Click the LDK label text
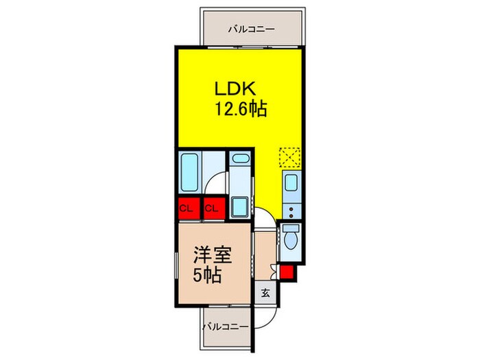[235, 89]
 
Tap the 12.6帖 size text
[241, 108]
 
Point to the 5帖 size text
[207, 274]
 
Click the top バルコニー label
[252, 29]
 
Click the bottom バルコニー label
[226, 327]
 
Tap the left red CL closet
[189, 208]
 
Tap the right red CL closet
[215, 208]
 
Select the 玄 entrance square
[265, 293]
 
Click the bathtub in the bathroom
[189, 172]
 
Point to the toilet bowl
[290, 238]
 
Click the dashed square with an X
[289, 158]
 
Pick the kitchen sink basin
[291, 182]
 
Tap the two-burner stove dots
[291, 213]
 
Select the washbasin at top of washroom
[241, 158]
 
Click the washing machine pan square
[240, 207]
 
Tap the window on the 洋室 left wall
[176, 265]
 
